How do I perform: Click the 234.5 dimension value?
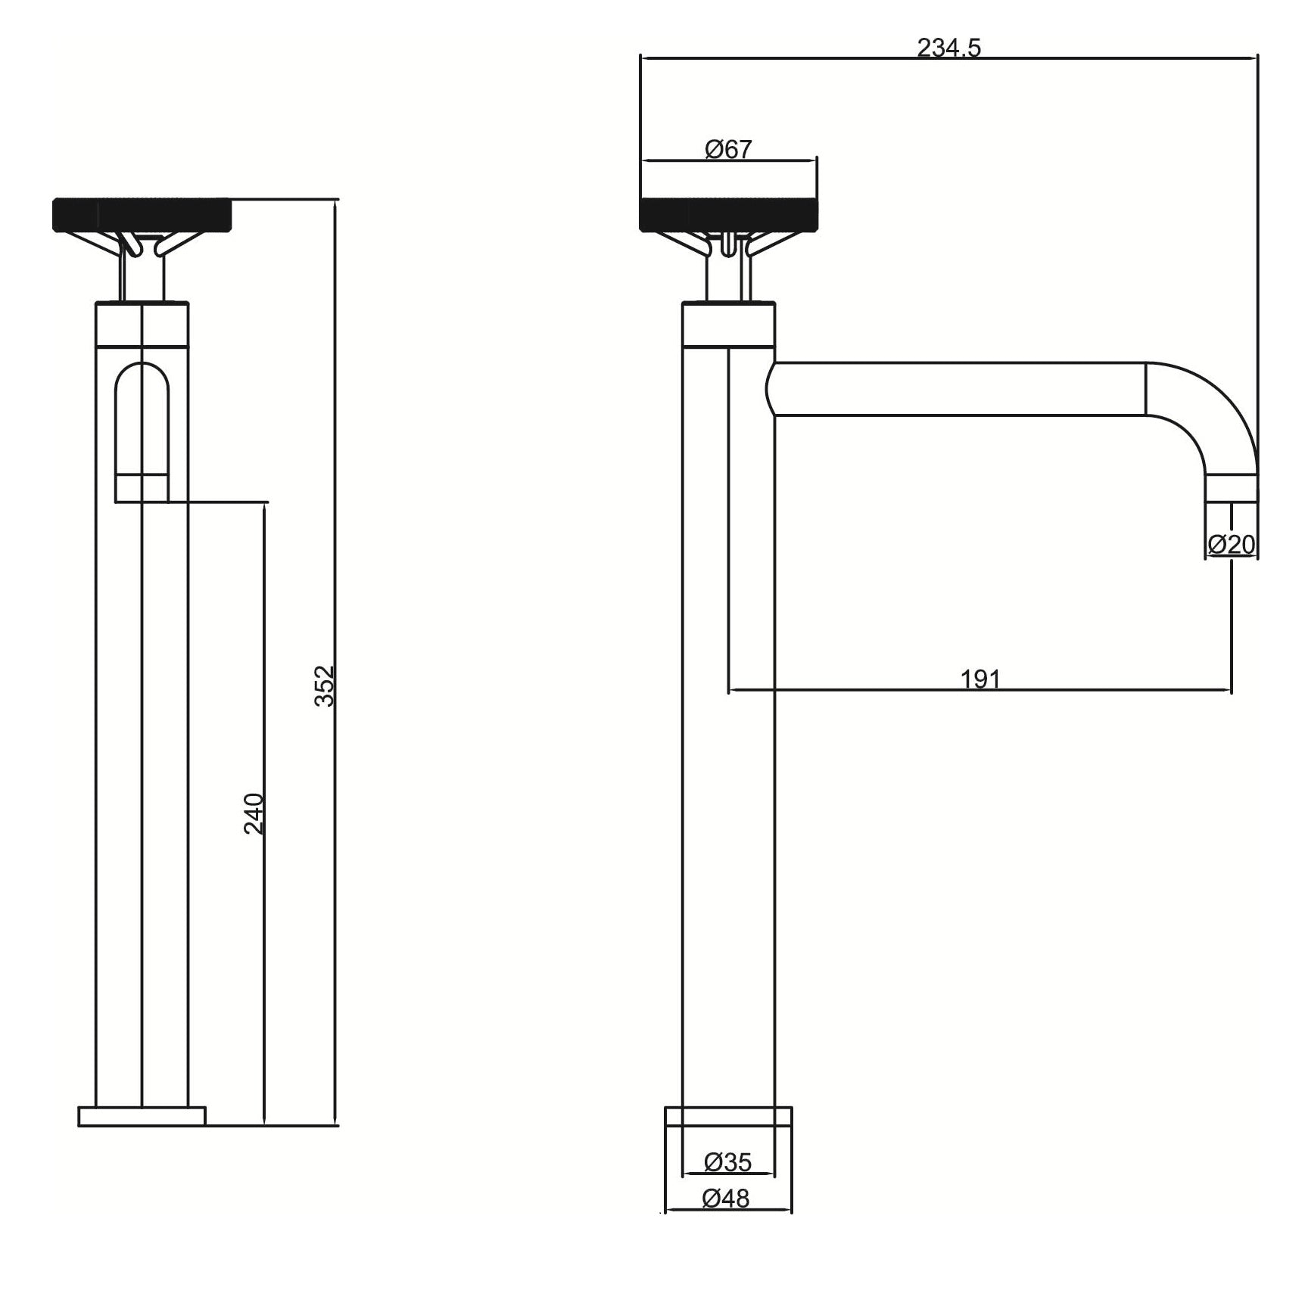click(x=948, y=48)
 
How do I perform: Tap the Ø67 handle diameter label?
click(x=728, y=149)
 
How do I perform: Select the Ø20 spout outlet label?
click(x=1232, y=544)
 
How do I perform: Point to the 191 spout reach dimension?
click(x=980, y=679)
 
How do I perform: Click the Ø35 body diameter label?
click(x=727, y=1161)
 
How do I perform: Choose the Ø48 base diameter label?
click(x=726, y=1199)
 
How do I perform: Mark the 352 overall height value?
click(x=324, y=686)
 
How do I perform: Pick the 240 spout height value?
click(x=254, y=813)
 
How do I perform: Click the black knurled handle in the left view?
click(x=142, y=214)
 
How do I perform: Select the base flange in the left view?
click(x=142, y=1117)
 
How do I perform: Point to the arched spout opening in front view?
click(x=142, y=431)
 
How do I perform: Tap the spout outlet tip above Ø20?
click(x=1232, y=490)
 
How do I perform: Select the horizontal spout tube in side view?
click(x=958, y=389)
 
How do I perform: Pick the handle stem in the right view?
click(x=729, y=276)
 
